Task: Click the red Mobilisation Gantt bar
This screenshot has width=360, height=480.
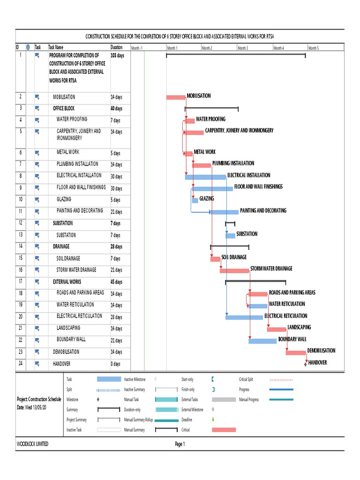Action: [176, 97]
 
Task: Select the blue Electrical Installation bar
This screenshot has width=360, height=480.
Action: [205, 177]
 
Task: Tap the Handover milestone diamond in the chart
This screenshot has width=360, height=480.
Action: [306, 363]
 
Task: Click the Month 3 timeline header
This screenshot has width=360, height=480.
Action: [242, 48]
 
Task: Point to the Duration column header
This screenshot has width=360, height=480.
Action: [116, 47]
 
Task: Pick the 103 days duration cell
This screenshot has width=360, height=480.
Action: [117, 55]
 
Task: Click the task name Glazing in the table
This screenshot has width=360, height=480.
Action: [64, 199]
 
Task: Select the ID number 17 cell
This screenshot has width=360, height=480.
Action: [21, 282]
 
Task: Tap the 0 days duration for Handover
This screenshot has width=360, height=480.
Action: [116, 364]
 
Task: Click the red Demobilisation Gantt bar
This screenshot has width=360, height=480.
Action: [295, 352]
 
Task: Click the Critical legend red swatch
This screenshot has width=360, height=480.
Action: [224, 429]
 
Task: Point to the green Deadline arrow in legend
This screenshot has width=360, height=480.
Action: [213, 420]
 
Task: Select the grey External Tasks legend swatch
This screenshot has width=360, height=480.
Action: [224, 400]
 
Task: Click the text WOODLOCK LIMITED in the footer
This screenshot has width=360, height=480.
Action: [32, 444]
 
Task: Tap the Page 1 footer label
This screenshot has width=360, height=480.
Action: [180, 444]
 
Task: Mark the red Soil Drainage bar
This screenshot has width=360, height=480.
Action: [215, 259]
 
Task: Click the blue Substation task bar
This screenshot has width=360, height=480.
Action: [230, 235]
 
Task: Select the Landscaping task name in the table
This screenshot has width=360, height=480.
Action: [68, 328]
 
